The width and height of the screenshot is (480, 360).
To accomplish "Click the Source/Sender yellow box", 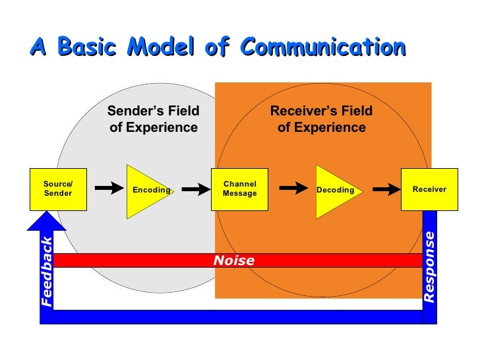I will (58, 189).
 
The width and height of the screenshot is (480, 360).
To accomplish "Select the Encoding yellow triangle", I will (148, 190).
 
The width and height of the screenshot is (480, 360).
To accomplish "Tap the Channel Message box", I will (239, 189).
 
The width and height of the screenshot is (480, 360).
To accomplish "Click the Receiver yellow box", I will (429, 189).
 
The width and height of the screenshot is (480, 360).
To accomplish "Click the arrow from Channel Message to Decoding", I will (293, 189).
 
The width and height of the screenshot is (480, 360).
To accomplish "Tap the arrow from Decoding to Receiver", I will (386, 189).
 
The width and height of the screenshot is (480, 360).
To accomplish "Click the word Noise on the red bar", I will (233, 261).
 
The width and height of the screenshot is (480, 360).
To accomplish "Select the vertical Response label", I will (429, 267).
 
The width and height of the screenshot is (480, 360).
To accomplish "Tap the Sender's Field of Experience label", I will (154, 119).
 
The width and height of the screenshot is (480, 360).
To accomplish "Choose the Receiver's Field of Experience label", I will (321, 119).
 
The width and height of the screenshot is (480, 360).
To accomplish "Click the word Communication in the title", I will (322, 47).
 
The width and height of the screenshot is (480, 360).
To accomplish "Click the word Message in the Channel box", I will (240, 194).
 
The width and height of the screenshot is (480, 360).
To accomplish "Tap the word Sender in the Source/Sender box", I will (58, 194).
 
